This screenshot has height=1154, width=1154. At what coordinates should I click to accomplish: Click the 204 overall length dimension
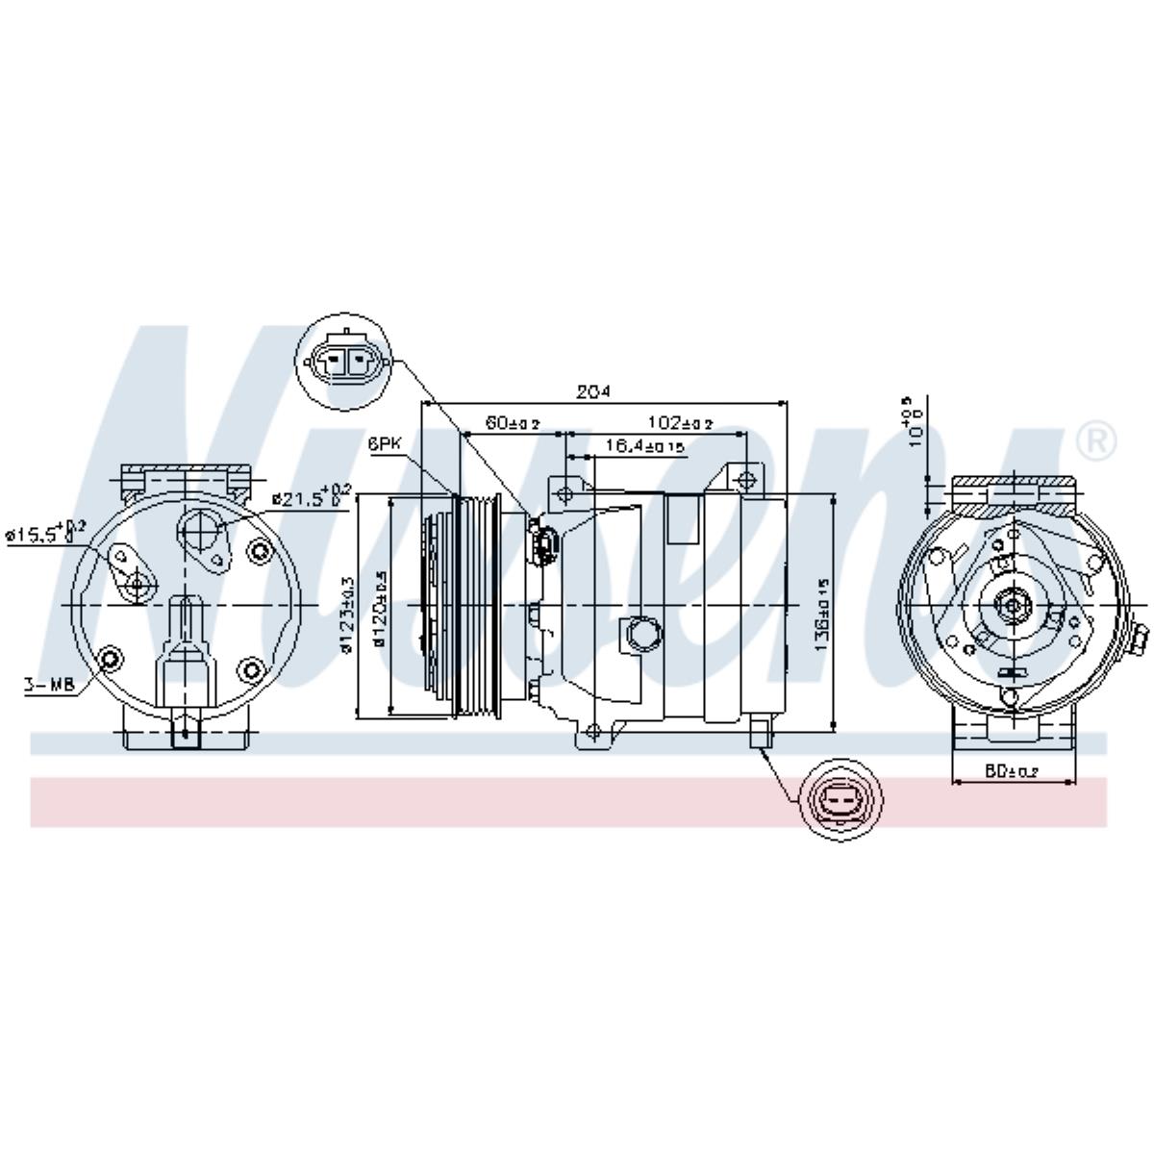pos(593,392)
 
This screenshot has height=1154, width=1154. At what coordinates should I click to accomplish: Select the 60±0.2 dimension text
pos(512,423)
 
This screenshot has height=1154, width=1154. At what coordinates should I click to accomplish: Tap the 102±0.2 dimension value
pos(680,423)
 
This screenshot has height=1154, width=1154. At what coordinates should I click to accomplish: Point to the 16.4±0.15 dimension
pos(645,446)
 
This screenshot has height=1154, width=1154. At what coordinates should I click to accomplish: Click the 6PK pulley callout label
pos(384,444)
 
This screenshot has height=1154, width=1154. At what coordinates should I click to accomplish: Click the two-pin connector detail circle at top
pos(347,363)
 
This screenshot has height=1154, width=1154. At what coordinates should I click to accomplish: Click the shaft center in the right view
pos(1011,605)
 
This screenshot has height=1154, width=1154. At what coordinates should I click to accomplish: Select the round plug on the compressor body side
pos(641,635)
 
